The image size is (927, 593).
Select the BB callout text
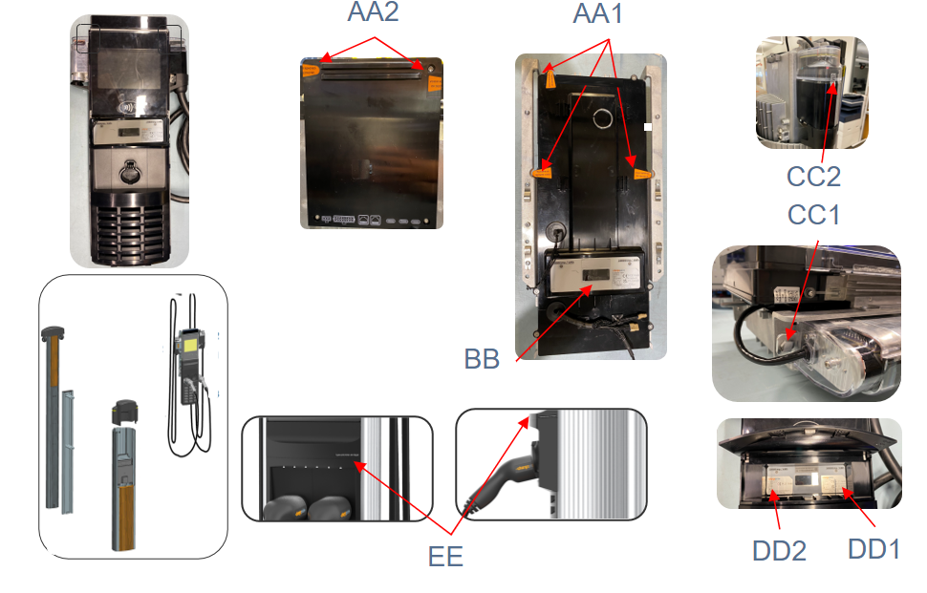pyautogui.click(x=483, y=361)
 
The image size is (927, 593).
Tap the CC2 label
pyautogui.click(x=813, y=178)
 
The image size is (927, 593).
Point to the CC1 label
pyautogui.click(x=813, y=215)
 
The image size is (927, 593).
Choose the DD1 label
pyautogui.click(x=873, y=549)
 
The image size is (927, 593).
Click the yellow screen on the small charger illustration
pyautogui.click(x=190, y=341)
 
